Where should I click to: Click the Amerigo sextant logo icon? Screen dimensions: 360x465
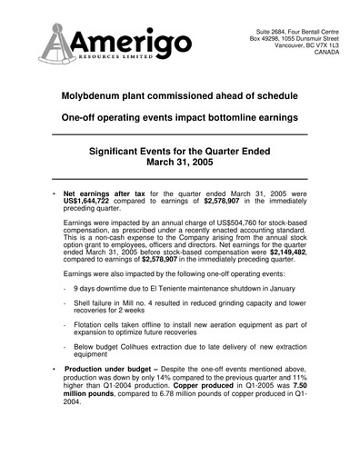point(56,45)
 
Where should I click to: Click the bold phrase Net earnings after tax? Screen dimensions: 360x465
point(106,195)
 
